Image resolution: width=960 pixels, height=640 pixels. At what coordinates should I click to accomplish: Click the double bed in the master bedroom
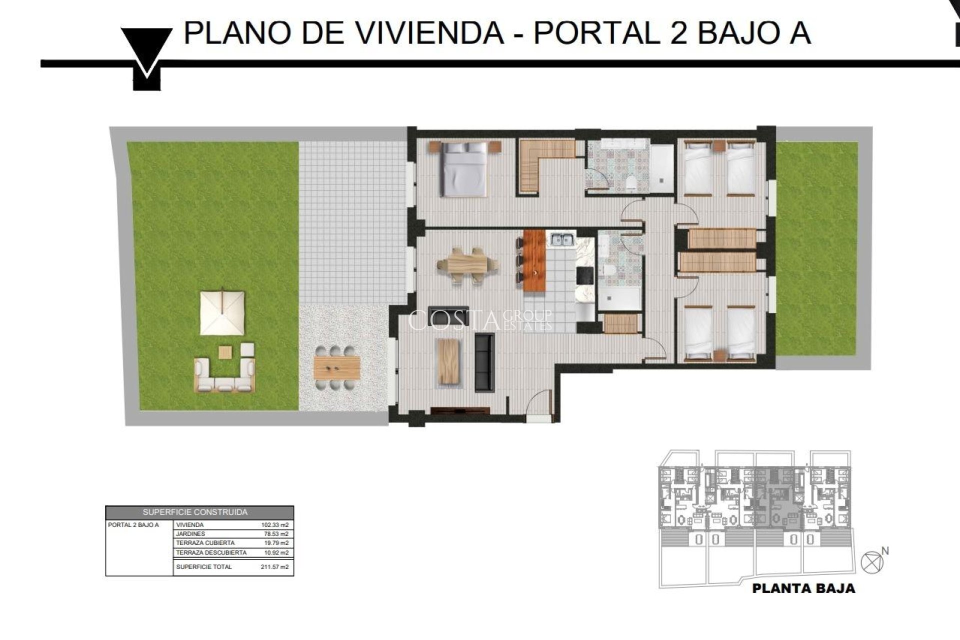pyautogui.click(x=464, y=168)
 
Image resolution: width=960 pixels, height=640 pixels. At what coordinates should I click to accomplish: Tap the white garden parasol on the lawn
pyautogui.click(x=222, y=313)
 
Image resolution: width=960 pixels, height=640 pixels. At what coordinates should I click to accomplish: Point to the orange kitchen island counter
pyautogui.click(x=534, y=261)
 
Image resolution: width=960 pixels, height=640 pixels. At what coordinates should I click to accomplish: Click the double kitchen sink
pyautogui.click(x=562, y=240)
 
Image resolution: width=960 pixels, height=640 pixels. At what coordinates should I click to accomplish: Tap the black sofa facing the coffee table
pyautogui.click(x=484, y=362)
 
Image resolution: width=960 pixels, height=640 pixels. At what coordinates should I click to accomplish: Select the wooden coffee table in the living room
pyautogui.click(x=448, y=361)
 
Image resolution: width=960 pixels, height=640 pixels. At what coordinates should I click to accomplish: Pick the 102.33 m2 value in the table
pyautogui.click(x=275, y=525)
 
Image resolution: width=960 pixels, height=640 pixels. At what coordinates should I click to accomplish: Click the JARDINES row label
pyautogui.click(x=190, y=534)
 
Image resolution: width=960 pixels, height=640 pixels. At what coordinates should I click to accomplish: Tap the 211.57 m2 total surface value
pyautogui.click(x=275, y=567)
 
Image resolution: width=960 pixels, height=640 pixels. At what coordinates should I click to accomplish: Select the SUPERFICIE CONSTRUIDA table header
pyautogui.click(x=195, y=512)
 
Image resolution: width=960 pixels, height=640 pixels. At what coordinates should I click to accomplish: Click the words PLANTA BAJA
pyautogui.click(x=803, y=588)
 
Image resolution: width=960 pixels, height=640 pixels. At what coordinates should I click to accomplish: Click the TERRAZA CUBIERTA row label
pyautogui.click(x=205, y=543)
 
